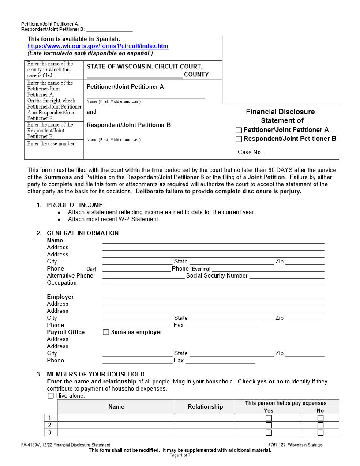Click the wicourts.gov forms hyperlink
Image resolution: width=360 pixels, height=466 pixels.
coord(97,46)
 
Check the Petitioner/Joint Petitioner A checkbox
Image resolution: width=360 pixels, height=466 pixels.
coord(239,130)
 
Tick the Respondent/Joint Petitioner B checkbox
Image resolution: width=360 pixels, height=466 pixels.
coord(239,139)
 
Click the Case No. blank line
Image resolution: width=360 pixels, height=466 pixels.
coord(291,153)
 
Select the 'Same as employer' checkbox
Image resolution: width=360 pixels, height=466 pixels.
coord(105,332)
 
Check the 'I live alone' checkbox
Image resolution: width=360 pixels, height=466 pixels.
coord(50,396)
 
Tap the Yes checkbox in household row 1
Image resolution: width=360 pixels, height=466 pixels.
coord(268,418)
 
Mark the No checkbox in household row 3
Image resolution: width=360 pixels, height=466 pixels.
coord(320,432)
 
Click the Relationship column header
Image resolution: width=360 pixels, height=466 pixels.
coord(205,406)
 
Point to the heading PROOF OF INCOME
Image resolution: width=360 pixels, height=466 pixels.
coord(75,205)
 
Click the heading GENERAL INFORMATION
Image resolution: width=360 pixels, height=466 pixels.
coord(82,233)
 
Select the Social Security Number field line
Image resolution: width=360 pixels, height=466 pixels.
coord(287,276)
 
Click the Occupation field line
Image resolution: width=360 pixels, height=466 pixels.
coord(213,283)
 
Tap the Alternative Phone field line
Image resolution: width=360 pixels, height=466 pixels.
coord(143,276)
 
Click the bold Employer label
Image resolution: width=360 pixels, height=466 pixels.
coord(60,297)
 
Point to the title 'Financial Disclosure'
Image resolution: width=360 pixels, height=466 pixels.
coord(280,112)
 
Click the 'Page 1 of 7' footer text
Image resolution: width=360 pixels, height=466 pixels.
coord(180,455)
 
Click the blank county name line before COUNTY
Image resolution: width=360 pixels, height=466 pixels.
coord(134,75)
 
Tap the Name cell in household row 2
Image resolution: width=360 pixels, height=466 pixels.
coord(116,425)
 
